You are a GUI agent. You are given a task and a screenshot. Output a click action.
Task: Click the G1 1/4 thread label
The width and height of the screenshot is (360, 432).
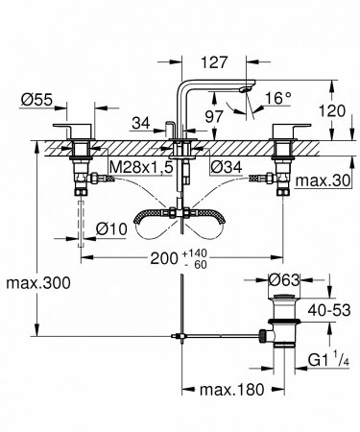pos(325,363)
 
